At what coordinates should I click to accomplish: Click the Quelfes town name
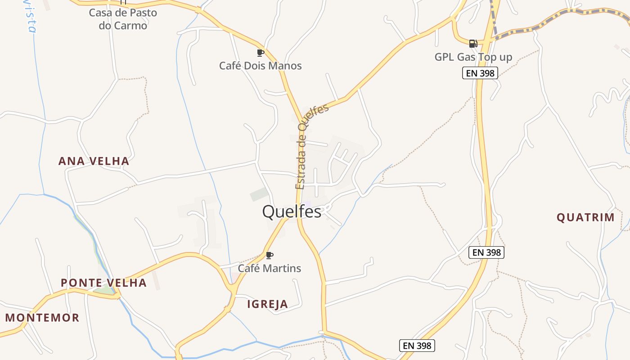(292, 211)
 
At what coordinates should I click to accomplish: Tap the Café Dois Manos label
(260, 66)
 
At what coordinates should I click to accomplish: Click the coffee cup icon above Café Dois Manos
(260, 53)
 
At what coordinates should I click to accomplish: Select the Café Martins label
(269, 268)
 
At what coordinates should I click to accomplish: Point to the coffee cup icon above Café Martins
(269, 255)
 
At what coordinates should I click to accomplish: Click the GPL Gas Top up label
(473, 57)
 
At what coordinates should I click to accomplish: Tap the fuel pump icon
(473, 44)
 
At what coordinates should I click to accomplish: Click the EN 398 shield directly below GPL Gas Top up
(480, 73)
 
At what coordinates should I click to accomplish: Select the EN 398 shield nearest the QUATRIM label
(486, 252)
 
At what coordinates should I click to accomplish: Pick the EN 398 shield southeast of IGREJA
(417, 346)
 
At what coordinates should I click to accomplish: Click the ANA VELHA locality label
(94, 161)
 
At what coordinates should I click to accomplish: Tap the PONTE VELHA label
(103, 283)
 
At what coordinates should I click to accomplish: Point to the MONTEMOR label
(42, 318)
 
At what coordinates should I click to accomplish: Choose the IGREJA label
(267, 304)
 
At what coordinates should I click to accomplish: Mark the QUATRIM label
(585, 218)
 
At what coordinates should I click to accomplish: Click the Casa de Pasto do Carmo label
(123, 19)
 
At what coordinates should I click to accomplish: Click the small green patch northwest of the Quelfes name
(259, 194)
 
